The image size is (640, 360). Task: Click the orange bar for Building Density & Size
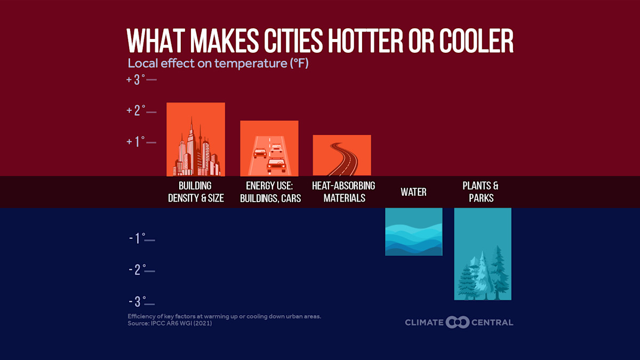[x=195, y=139]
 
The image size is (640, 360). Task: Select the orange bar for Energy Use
[x=269, y=148]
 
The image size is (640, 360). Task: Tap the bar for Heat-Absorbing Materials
[x=341, y=155]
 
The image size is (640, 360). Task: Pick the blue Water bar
[x=413, y=231]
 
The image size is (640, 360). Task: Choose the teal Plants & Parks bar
[x=482, y=254]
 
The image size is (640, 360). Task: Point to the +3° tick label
[x=136, y=79]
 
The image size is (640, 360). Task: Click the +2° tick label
[x=136, y=110]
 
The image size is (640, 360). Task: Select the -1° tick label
[x=137, y=238]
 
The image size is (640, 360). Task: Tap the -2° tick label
[x=137, y=270]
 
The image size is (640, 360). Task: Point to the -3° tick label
[x=137, y=301]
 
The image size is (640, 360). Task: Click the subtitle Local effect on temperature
[x=218, y=63]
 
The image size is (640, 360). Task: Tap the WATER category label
[x=413, y=192]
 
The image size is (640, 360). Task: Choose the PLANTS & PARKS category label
[x=481, y=192]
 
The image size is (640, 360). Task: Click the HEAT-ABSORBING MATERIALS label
[x=343, y=192]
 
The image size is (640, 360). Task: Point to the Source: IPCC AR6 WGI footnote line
[x=170, y=323]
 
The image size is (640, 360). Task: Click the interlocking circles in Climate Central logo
[x=458, y=322]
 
